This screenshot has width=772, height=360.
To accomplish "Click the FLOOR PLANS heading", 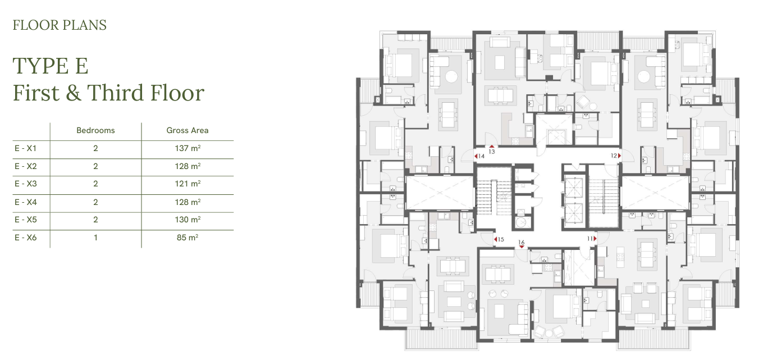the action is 60,25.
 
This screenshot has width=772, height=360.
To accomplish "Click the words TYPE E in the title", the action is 51,66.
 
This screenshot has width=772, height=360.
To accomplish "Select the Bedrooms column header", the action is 95,130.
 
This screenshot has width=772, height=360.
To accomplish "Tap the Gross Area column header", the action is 188,130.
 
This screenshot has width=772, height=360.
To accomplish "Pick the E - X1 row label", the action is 25,148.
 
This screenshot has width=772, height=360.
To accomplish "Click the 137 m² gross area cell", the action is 188,148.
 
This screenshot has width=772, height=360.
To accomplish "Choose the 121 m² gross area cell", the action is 188,184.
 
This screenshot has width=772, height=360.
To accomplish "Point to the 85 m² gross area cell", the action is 188,238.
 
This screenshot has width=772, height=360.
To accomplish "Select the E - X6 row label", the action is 25,238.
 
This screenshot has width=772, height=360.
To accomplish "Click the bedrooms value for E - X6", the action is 95,238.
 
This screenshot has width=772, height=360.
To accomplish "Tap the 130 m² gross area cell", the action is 188,220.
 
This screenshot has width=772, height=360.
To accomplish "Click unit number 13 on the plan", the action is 492,152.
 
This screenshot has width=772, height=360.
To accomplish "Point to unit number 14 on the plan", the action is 482,156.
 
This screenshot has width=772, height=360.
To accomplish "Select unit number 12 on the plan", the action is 614,156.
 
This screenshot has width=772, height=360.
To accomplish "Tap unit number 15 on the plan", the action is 501,239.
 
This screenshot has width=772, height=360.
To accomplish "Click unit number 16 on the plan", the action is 522,243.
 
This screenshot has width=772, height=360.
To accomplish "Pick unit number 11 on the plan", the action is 590,239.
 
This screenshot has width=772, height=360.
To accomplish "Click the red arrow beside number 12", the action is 619,156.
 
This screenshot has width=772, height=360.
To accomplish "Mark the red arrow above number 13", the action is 492,147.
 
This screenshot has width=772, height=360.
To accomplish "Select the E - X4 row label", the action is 25,202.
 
